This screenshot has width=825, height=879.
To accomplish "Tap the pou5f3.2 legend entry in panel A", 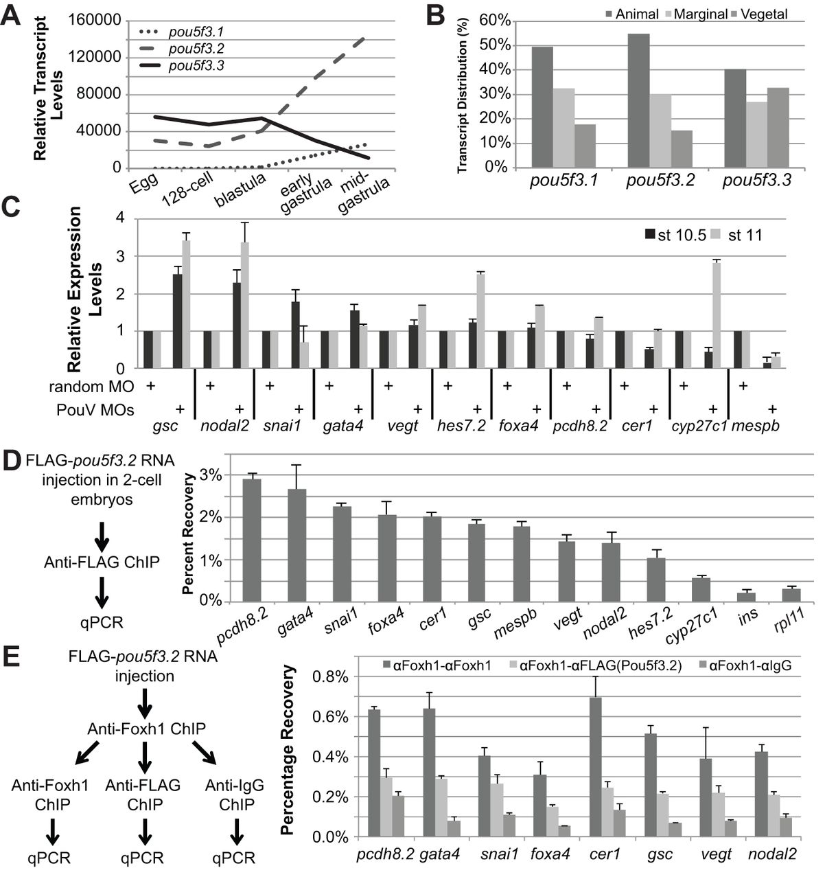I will pos(196,49).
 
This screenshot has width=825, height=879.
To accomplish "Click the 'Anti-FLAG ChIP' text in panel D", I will pos(102,561).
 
